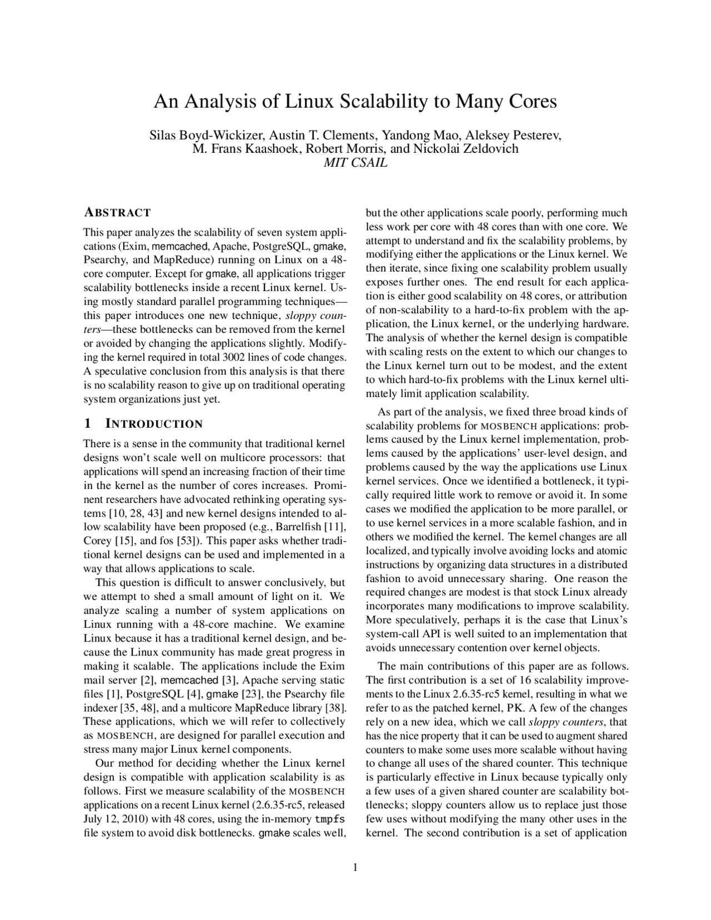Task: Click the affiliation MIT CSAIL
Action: (x=355, y=163)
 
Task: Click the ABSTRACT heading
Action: (x=117, y=213)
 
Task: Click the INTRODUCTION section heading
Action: (x=154, y=424)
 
